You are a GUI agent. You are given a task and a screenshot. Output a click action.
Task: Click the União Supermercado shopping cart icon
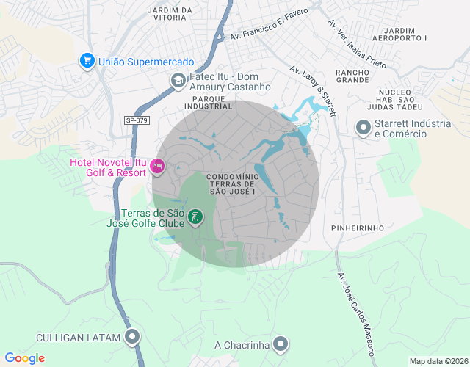pyautogui.click(x=87, y=61)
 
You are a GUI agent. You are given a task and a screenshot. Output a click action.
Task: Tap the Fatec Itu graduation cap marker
pyautogui.click(x=178, y=81)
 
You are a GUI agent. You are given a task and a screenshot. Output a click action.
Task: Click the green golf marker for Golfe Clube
pyautogui.click(x=195, y=217)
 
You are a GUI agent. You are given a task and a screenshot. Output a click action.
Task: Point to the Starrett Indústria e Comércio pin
pyautogui.click(x=363, y=128)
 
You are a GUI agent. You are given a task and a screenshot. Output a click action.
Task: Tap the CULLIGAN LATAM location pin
pyautogui.click(x=132, y=337)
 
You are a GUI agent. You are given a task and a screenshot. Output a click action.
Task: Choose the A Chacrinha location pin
pyautogui.click(x=281, y=344)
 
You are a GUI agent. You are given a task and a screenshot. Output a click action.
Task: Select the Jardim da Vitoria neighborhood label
pyautogui.click(x=170, y=14)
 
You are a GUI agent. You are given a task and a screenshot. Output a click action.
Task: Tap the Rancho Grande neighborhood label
pyautogui.click(x=352, y=77)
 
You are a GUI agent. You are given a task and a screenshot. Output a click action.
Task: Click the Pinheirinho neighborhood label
pyautogui.click(x=358, y=228)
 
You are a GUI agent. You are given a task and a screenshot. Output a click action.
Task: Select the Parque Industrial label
pyautogui.click(x=208, y=102)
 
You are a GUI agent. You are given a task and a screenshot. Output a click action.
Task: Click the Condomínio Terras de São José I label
pyautogui.click(x=231, y=184)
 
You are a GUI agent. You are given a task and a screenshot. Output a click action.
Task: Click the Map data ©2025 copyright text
pyautogui.click(x=438, y=361)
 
